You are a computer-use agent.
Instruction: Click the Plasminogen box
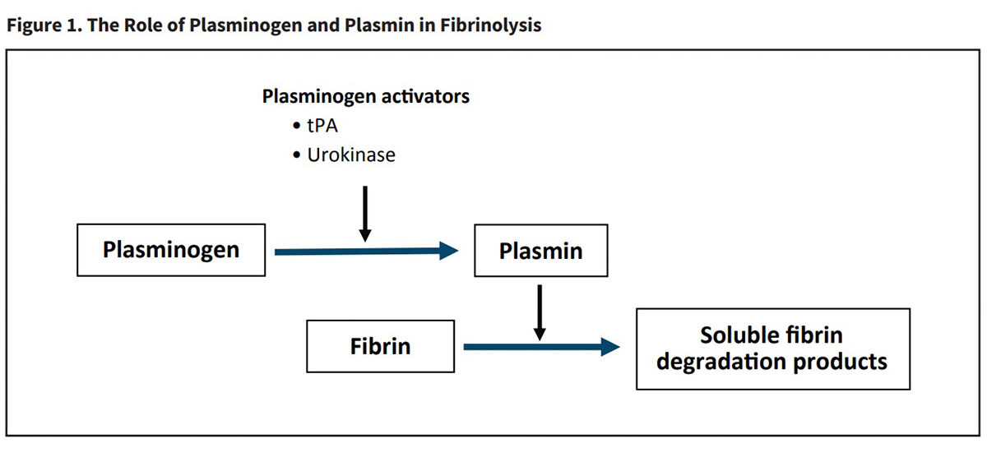[171, 249]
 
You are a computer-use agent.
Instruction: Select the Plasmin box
[540, 250]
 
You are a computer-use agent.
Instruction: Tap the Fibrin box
[380, 345]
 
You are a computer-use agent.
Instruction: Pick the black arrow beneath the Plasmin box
[540, 312]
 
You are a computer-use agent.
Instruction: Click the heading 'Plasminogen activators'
[366, 96]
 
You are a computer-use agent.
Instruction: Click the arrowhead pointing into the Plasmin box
[448, 252]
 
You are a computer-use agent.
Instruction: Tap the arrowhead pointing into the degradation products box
[609, 347]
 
